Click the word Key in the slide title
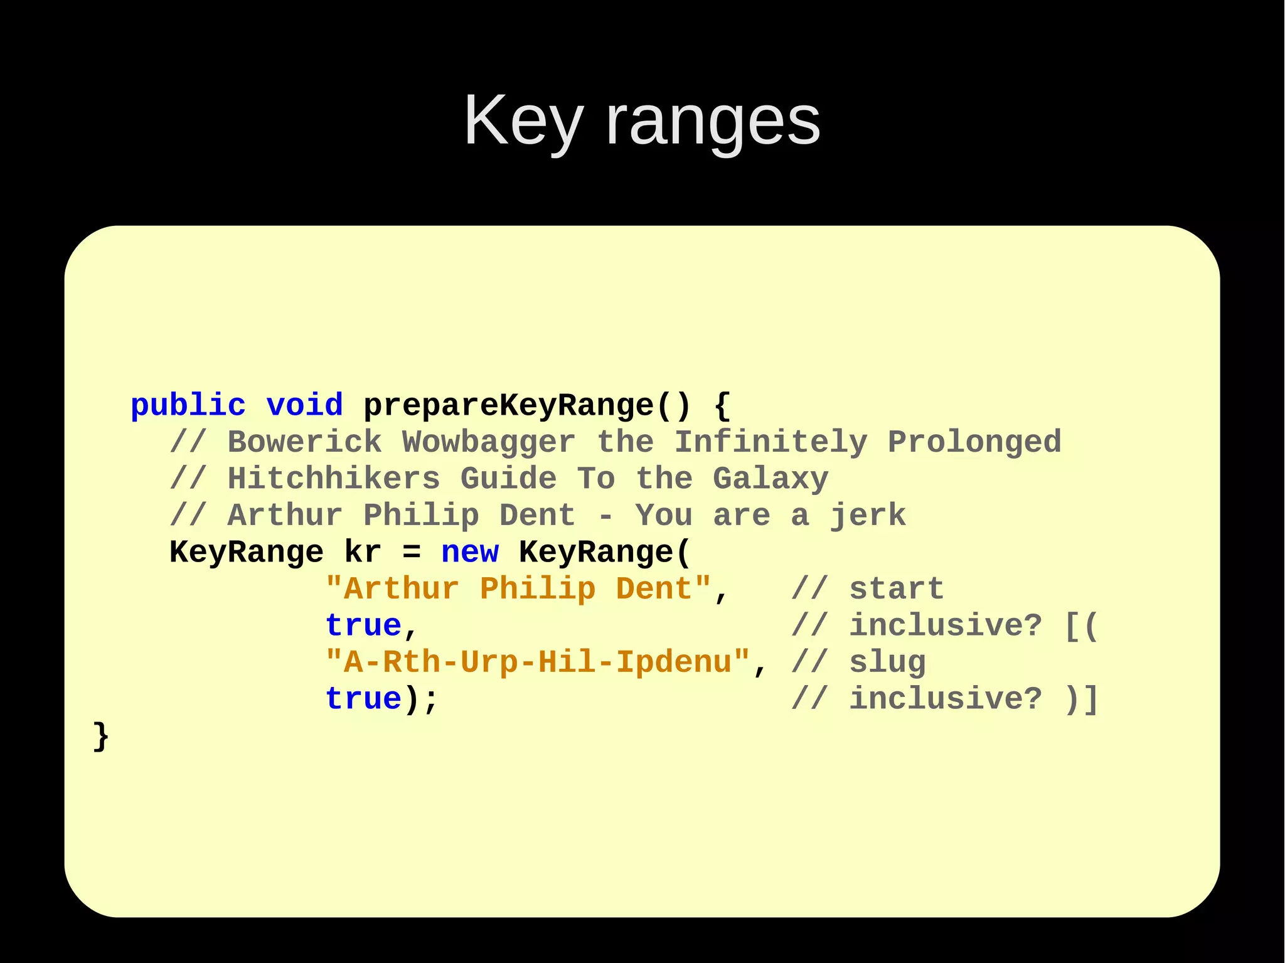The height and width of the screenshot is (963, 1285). tap(523, 120)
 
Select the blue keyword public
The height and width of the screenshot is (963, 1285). tap(188, 405)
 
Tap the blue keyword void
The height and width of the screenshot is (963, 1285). tap(304, 405)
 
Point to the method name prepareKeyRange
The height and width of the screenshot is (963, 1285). tap(508, 405)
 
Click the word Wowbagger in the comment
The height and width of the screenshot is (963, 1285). tap(489, 442)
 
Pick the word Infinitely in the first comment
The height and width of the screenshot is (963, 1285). tap(771, 442)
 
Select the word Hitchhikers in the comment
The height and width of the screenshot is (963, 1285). tap(334, 479)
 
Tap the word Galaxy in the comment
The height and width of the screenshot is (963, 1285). tap(770, 479)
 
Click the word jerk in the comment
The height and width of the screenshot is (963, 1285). tap(868, 516)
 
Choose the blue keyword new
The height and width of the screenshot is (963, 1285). tap(470, 552)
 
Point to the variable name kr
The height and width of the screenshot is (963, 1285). tap(363, 552)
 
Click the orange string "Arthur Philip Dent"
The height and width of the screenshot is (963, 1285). tap(518, 589)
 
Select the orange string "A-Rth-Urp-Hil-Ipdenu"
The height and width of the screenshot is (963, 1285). tap(538, 662)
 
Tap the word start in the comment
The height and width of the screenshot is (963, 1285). tap(897, 589)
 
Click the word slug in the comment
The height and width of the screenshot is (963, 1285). tap(887, 662)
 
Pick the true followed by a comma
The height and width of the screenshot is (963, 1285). tap(363, 625)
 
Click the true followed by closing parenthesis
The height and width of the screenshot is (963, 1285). tap(363, 699)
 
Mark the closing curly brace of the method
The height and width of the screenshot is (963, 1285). tap(100, 736)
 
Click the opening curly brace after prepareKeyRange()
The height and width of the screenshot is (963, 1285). tap(723, 405)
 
